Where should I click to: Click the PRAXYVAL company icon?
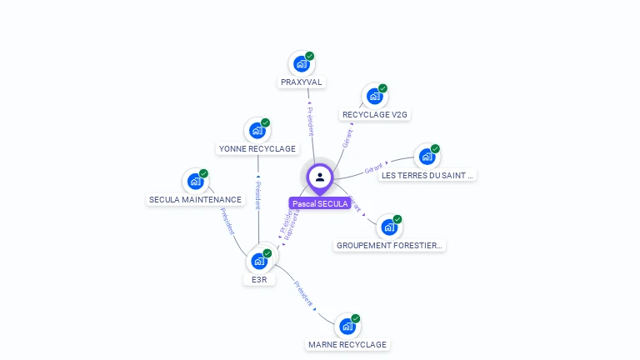click(301, 64)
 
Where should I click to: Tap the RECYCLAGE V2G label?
click(376, 114)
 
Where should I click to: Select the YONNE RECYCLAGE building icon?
click(257, 131)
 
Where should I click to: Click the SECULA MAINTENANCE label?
click(195, 199)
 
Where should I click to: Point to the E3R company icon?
click(258, 261)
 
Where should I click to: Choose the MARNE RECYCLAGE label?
click(347, 344)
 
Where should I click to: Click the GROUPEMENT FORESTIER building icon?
click(389, 227)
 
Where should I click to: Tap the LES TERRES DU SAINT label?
click(427, 175)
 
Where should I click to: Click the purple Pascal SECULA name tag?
click(320, 203)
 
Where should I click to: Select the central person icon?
click(320, 177)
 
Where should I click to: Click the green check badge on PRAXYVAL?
click(310, 56)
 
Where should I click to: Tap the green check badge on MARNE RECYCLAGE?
click(356, 318)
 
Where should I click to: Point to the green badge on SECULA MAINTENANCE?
click(203, 173)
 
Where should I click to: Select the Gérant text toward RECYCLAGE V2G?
click(347, 138)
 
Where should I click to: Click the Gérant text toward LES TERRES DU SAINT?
click(373, 169)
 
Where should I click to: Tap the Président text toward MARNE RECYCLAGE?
click(302, 294)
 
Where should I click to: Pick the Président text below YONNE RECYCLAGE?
click(258, 192)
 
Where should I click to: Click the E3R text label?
click(259, 280)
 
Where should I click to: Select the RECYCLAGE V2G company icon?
click(374, 97)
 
